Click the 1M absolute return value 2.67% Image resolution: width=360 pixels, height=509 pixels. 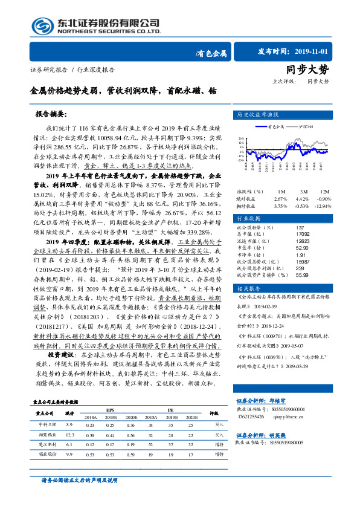(280, 199)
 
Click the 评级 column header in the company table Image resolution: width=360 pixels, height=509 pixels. (213, 413)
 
